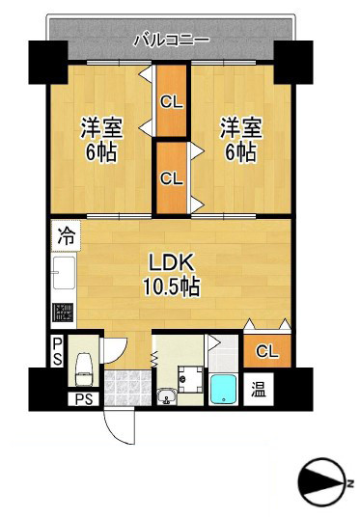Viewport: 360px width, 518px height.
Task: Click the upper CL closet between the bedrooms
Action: (x=172, y=99)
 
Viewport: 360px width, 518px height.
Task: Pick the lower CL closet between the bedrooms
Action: (x=172, y=177)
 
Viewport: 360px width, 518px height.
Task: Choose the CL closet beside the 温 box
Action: (x=267, y=351)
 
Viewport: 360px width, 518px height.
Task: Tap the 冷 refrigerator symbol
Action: (x=66, y=234)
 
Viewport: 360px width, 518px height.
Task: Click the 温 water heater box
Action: (x=259, y=390)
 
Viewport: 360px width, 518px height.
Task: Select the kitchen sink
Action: (x=65, y=276)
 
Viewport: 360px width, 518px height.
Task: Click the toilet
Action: (x=84, y=363)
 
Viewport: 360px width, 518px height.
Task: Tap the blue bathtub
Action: (x=224, y=389)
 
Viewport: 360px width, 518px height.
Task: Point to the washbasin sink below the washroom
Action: (x=165, y=395)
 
